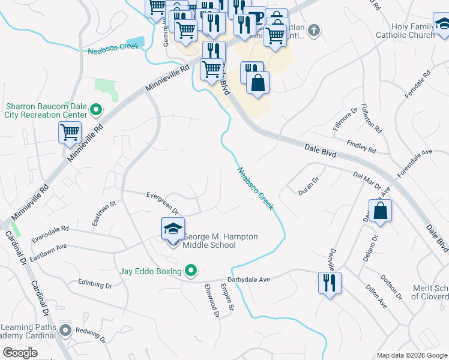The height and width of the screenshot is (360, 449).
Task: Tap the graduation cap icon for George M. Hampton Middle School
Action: pyautogui.click(x=173, y=229)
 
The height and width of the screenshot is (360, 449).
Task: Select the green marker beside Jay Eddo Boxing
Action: pyautogui.click(x=191, y=271)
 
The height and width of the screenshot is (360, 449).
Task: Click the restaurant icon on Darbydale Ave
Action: pyautogui.click(x=329, y=283)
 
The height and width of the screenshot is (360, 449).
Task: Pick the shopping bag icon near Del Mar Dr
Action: pyautogui.click(x=380, y=211)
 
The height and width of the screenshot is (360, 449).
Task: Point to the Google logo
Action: pyautogui.click(x=20, y=353)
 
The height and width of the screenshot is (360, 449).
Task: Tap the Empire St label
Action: pyautogui.click(x=227, y=296)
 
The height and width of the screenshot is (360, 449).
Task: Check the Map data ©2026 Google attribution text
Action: pyautogui.click(x=411, y=355)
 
